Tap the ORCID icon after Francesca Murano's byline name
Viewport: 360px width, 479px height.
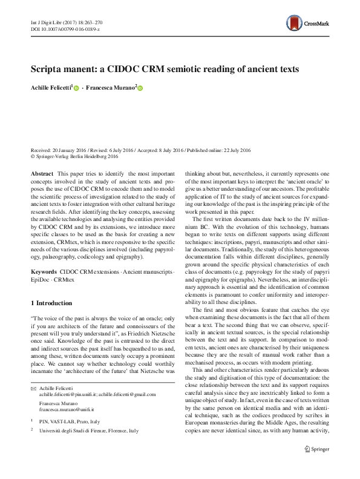pyautogui.click(x=140, y=88)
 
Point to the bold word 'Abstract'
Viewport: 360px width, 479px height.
pyautogui.click(x=42, y=173)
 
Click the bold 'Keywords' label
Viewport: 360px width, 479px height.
pyautogui.click(x=44, y=274)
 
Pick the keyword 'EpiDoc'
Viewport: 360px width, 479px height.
pyautogui.click(x=41, y=282)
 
